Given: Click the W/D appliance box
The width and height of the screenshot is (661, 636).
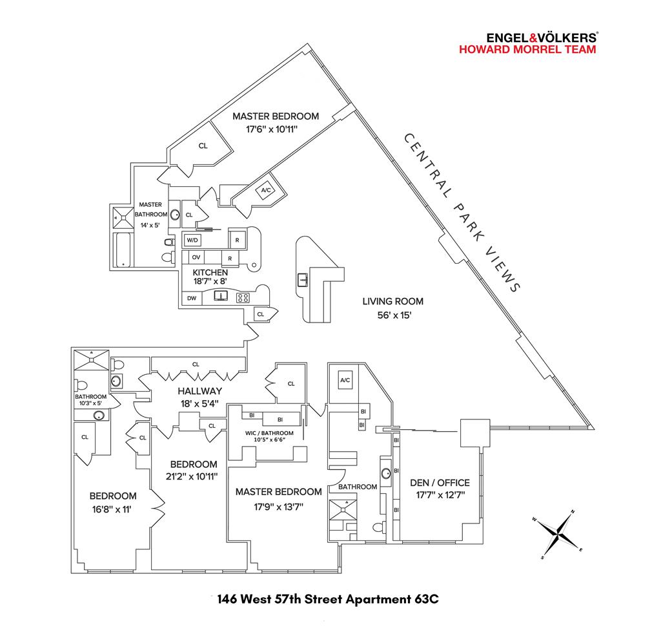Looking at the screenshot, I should (192, 240).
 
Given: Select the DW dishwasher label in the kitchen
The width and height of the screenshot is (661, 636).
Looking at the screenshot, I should (192, 298).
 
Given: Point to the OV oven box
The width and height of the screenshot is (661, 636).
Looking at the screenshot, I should (196, 257).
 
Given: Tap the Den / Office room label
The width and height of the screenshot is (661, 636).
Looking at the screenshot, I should (440, 483).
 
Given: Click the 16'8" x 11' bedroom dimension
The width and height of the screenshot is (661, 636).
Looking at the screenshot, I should (113, 509).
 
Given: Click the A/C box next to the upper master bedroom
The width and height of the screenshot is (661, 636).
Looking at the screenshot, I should (265, 190).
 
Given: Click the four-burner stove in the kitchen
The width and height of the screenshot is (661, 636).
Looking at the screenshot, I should (243, 298).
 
